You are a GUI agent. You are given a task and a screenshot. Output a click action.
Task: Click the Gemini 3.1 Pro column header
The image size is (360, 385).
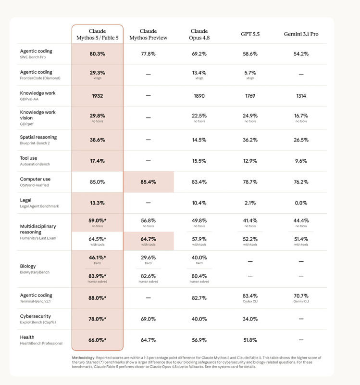pos(301,34)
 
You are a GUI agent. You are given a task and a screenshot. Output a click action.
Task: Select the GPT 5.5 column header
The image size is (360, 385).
pos(250,34)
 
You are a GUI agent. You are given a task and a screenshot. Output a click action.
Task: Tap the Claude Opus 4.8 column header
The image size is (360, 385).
pos(199,34)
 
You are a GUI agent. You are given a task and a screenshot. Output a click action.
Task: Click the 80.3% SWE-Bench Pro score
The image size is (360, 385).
pos(98,54)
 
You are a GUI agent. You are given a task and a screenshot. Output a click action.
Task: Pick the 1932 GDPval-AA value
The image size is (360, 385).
pos(98,96)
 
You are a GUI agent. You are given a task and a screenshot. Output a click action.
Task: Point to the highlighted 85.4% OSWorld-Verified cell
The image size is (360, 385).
pos(149,182)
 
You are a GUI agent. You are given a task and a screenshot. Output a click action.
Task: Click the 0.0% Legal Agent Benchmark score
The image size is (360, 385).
pos(301,203)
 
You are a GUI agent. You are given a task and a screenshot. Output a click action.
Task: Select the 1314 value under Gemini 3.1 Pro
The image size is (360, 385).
pos(301,96)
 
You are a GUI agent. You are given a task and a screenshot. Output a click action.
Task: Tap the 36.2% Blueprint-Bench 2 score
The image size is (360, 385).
pos(250,140)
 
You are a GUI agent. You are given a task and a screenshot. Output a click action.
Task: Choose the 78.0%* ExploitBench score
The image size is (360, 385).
pos(98,319)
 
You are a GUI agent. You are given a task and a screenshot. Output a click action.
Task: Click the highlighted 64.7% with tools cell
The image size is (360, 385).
pos(149,241)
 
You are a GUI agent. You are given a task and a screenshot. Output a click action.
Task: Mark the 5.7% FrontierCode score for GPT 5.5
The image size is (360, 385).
pos(250,73)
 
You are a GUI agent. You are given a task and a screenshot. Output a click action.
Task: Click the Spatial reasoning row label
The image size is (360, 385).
pos(38,137)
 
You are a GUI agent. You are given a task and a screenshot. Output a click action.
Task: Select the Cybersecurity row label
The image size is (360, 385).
pos(35,316)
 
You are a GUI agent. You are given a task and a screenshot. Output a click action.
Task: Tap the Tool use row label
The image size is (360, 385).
pos(28,158)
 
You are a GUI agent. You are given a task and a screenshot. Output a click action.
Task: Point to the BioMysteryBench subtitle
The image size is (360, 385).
pos(35,272)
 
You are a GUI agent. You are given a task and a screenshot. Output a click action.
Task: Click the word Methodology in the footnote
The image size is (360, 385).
pos(83,358)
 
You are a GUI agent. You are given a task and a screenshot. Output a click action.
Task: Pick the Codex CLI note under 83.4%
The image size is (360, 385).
pos(250,301)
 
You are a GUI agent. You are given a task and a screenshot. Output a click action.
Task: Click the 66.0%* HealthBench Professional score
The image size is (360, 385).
pos(98,340)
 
